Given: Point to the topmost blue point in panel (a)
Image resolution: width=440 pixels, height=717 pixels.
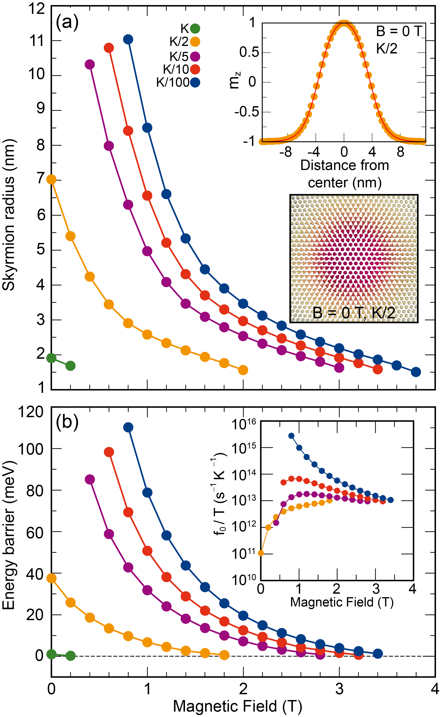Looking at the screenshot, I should pos(128,39).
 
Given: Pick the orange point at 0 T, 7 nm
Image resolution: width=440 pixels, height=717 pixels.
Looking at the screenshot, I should pos(52,180).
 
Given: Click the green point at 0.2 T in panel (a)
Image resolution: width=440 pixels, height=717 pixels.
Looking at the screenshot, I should pos(70,366).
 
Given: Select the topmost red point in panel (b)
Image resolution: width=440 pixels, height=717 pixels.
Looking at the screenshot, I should pos(109,452).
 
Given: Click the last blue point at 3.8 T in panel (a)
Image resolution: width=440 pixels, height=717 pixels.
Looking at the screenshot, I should pos(416,372).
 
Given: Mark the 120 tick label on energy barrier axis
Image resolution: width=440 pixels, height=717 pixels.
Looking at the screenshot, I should pos(30,412).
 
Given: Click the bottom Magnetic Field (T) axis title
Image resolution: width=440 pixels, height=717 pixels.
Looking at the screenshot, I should pos(237,705).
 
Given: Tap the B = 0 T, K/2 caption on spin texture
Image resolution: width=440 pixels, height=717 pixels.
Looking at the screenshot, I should pos(354,313).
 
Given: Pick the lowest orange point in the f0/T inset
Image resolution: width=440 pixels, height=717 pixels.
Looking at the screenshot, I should pos(261,553).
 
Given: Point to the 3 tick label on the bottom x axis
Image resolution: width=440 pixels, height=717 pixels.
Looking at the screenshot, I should pos(339,689).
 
